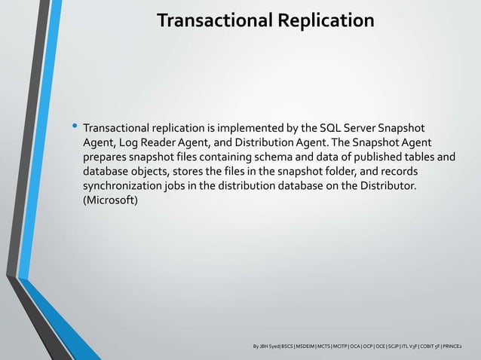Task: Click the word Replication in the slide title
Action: tap(325, 20)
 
